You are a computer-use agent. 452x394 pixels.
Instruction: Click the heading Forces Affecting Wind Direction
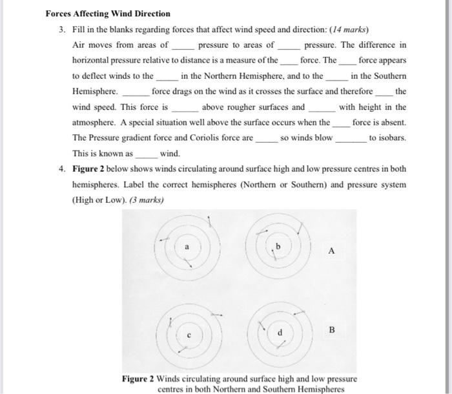pyautogui.click(x=108, y=14)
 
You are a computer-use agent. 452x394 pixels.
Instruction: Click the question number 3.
pyautogui.click(x=63, y=30)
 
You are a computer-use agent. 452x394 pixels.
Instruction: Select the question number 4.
pyautogui.click(x=63, y=169)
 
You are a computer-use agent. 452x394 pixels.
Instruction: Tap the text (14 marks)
pyautogui.click(x=346, y=30)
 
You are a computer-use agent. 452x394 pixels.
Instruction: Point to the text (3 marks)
pyautogui.click(x=146, y=200)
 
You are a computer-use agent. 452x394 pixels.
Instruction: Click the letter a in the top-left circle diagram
pyautogui.click(x=187, y=247)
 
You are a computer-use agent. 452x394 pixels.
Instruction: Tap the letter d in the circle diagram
pyautogui.click(x=280, y=333)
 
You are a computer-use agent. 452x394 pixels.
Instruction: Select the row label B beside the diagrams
pyautogui.click(x=332, y=329)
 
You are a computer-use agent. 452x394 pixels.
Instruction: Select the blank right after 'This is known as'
pyautogui.click(x=146, y=155)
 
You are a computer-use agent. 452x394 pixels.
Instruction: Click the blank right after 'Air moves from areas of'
pyautogui.click(x=183, y=47)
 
